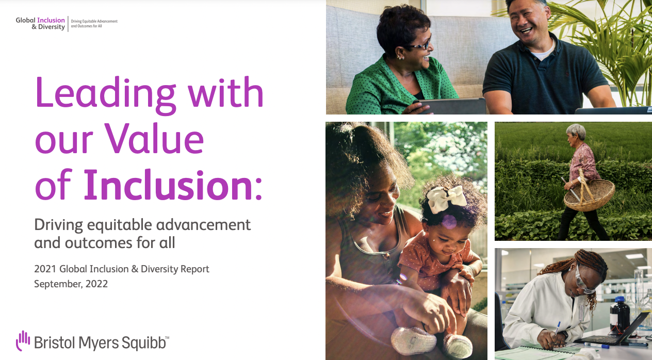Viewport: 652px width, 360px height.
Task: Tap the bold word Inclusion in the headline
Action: click(x=168, y=185)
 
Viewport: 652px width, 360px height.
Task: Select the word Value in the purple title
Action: click(x=154, y=139)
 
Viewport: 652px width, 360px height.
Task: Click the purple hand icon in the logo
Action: click(x=23, y=340)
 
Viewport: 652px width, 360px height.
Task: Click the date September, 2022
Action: click(x=71, y=284)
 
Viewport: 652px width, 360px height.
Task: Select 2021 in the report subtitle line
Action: click(x=45, y=269)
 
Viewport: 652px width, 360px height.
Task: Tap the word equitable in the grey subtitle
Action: click(x=119, y=225)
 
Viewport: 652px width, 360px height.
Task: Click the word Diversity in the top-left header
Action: click(x=52, y=27)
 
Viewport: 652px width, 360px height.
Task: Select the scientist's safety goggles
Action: click(x=582, y=281)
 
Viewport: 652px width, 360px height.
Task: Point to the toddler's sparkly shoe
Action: click(x=413, y=340)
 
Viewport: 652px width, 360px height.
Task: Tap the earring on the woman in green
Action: click(x=400, y=57)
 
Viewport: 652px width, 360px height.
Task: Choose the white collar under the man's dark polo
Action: click(x=542, y=53)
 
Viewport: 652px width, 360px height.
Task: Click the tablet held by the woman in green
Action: click(x=452, y=106)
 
